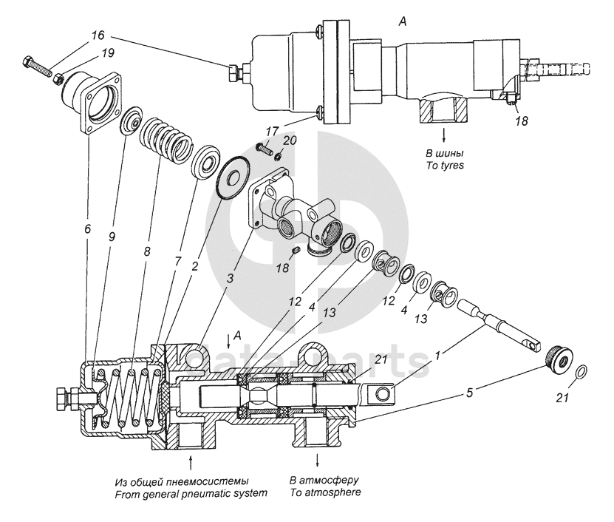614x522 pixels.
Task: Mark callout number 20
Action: (x=289, y=139)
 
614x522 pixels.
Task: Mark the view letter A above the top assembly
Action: (x=403, y=23)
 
